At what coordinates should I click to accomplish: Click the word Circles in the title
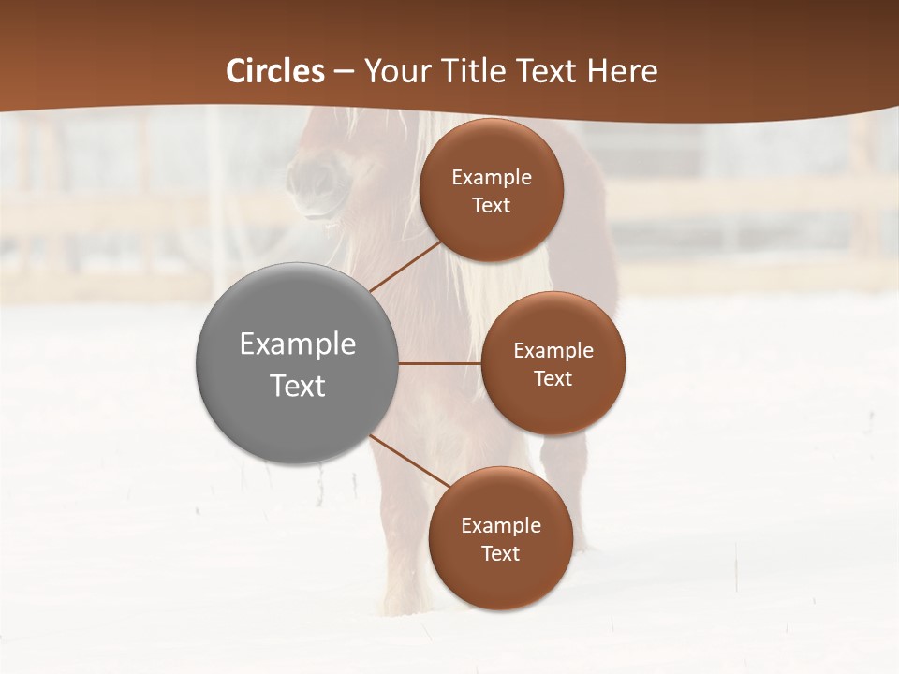(x=275, y=71)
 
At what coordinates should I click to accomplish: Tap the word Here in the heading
(x=622, y=71)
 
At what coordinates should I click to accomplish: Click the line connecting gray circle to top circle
(x=405, y=267)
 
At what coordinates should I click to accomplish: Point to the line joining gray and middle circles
(x=440, y=363)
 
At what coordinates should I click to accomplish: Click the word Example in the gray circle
(x=298, y=344)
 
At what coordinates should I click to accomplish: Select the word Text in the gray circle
(x=298, y=386)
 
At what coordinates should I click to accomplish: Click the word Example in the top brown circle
(x=492, y=177)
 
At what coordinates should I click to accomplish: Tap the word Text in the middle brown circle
(x=553, y=378)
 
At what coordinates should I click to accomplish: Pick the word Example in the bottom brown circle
(x=501, y=525)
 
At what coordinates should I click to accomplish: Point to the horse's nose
(x=314, y=178)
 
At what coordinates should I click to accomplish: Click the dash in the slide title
(x=344, y=72)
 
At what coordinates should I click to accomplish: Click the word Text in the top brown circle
(x=492, y=205)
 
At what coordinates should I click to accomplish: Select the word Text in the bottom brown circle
(x=501, y=553)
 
